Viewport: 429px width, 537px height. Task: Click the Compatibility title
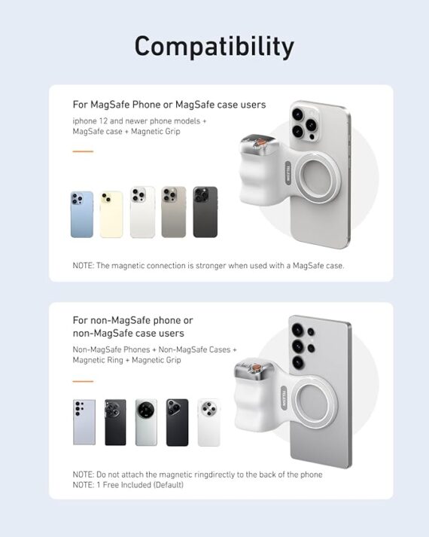[x=214, y=47]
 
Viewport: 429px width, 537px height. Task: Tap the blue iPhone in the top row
[x=82, y=214]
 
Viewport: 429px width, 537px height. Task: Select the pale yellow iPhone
[x=111, y=214]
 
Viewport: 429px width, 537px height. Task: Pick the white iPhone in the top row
[x=142, y=212]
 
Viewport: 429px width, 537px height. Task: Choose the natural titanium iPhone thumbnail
[x=173, y=212]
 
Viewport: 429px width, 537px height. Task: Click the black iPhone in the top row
[x=205, y=212]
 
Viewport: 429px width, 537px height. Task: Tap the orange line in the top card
[x=83, y=151]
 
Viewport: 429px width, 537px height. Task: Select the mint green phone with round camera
[x=146, y=423]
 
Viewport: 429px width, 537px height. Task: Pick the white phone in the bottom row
[x=208, y=423]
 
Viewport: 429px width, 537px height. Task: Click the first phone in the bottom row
[x=84, y=423]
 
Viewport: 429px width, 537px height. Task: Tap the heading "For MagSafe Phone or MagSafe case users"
[x=169, y=105]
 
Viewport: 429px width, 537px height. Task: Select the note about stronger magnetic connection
[x=208, y=266]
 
